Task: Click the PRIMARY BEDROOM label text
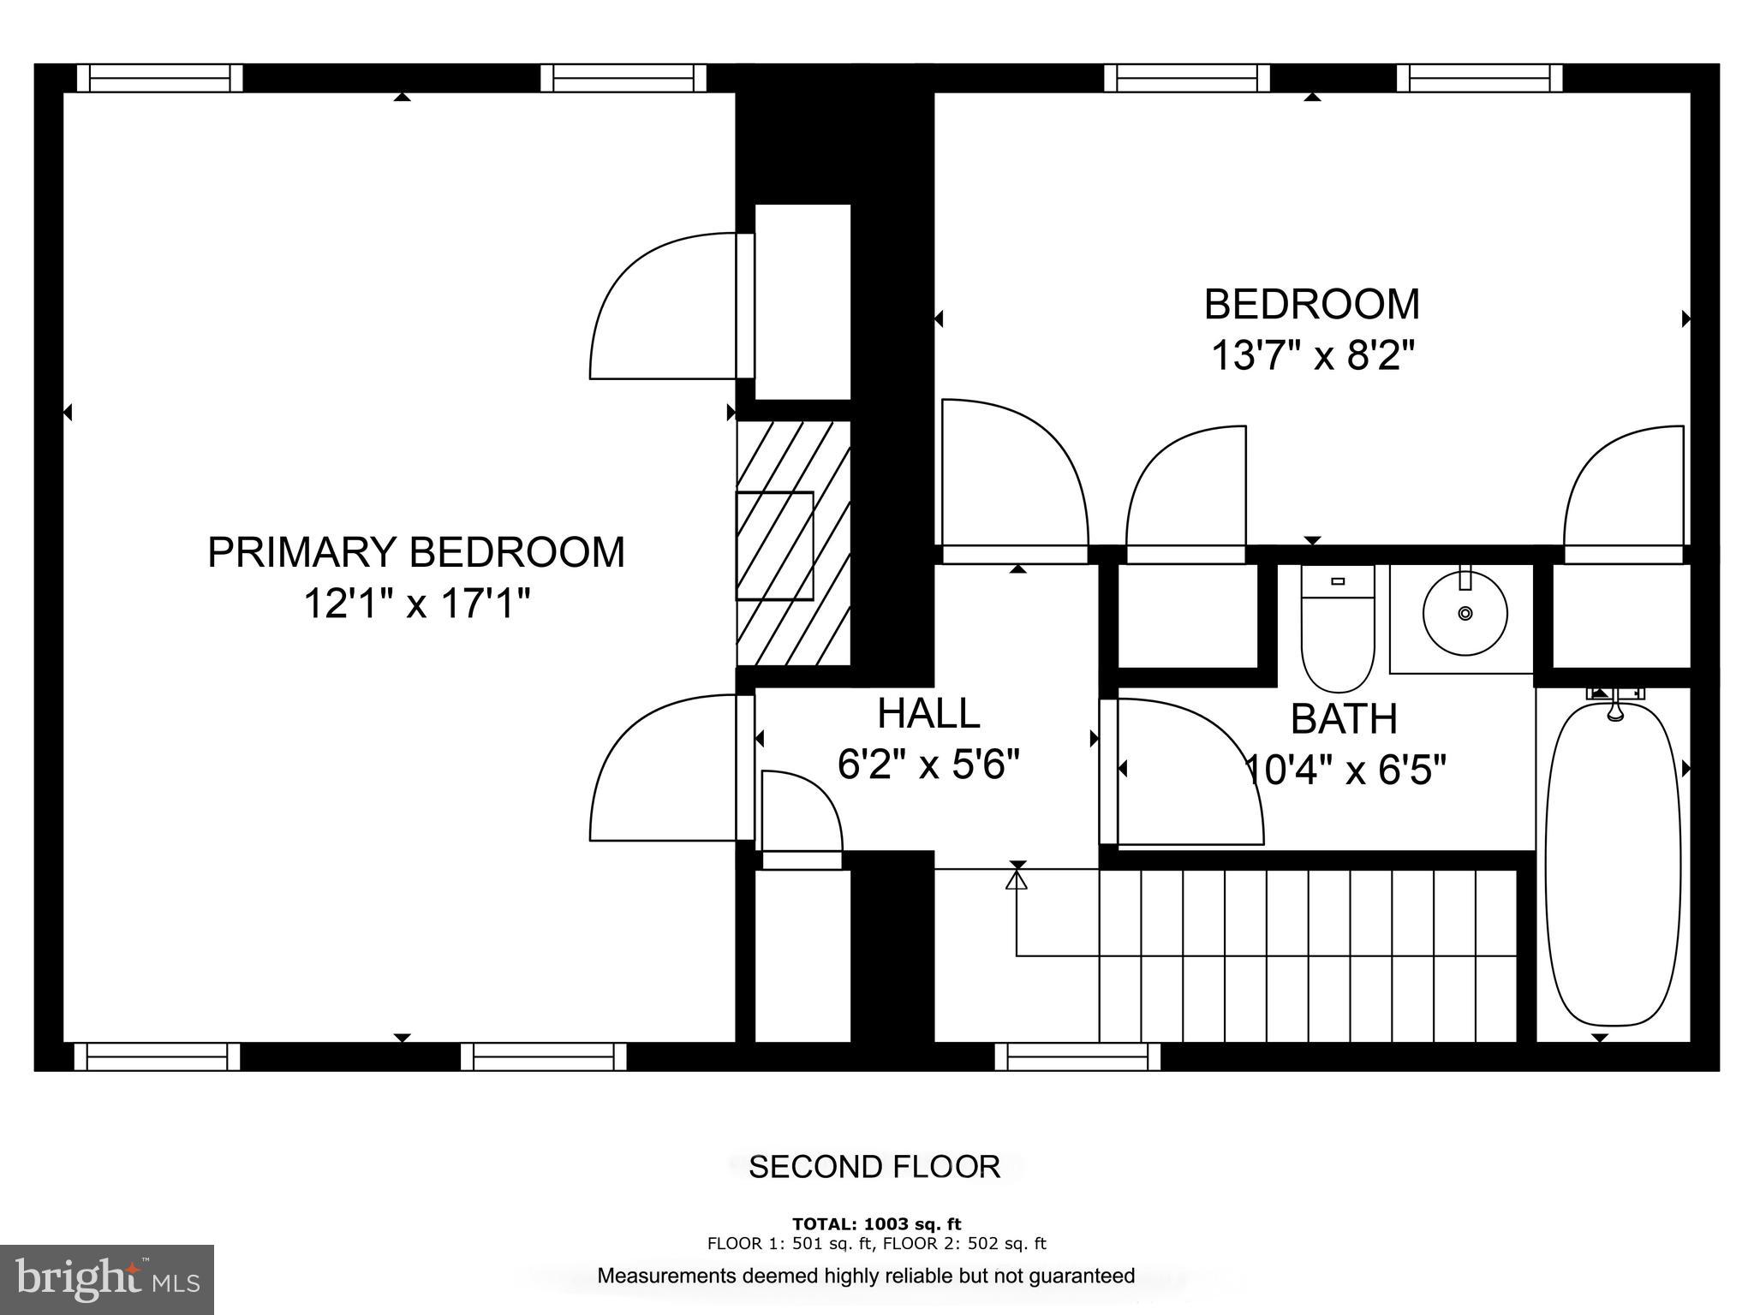416,552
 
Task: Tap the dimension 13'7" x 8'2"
1310,354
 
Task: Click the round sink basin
1465,614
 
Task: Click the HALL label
928,713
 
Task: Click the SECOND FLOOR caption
874,1167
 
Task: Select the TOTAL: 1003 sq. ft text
876,1223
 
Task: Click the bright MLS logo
107,1279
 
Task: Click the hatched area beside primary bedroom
793,544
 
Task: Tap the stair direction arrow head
1017,879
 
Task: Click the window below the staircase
1077,1056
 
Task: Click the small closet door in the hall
802,813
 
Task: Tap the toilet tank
1338,581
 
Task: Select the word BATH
1344,719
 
